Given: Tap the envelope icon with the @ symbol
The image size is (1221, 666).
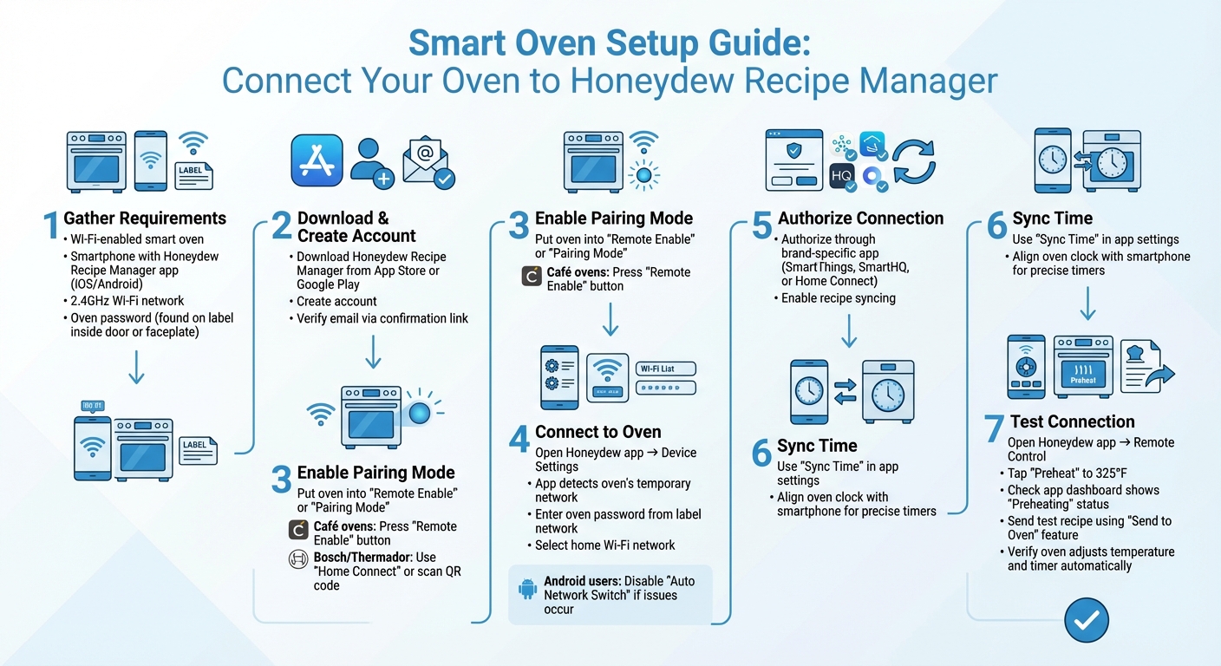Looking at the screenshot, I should [x=428, y=163].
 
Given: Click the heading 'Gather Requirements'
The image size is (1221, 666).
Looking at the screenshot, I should [x=145, y=219].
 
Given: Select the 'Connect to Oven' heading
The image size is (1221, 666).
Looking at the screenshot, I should [x=597, y=432].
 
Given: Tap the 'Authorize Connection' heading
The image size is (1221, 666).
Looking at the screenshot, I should [x=860, y=219].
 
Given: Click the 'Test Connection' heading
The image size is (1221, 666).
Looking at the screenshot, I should [x=1072, y=422].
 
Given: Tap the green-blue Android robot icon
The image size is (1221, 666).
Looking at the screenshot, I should [x=527, y=589].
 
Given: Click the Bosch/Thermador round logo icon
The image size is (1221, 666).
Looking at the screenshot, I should [x=298, y=559].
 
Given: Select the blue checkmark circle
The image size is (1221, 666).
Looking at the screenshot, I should [x=1086, y=620].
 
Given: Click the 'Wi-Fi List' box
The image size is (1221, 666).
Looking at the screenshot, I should [x=665, y=369].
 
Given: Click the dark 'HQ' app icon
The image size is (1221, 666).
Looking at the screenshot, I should [x=842, y=176].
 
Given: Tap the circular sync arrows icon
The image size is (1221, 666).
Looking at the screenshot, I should [x=914, y=162].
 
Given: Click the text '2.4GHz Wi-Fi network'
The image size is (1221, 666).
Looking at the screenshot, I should [x=127, y=301].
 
